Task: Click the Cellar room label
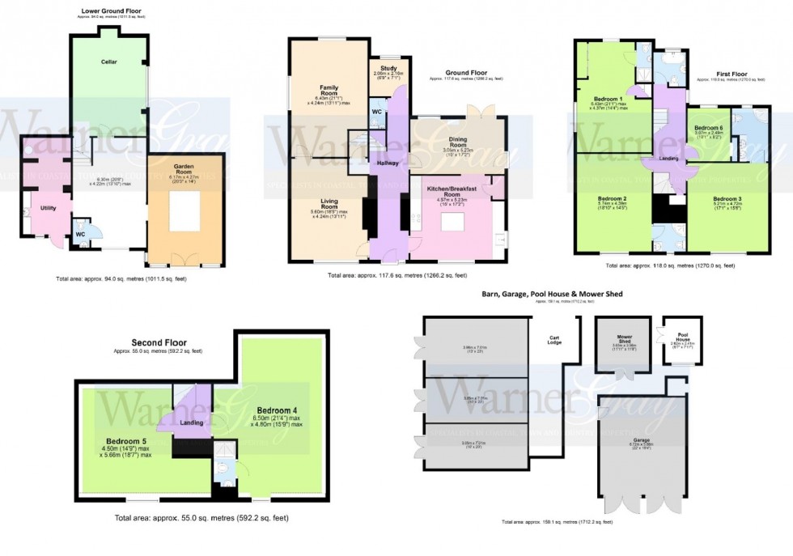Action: point(109,62)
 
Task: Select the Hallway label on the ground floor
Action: point(385,163)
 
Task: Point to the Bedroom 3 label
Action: point(727,198)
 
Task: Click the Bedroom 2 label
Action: point(612,198)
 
